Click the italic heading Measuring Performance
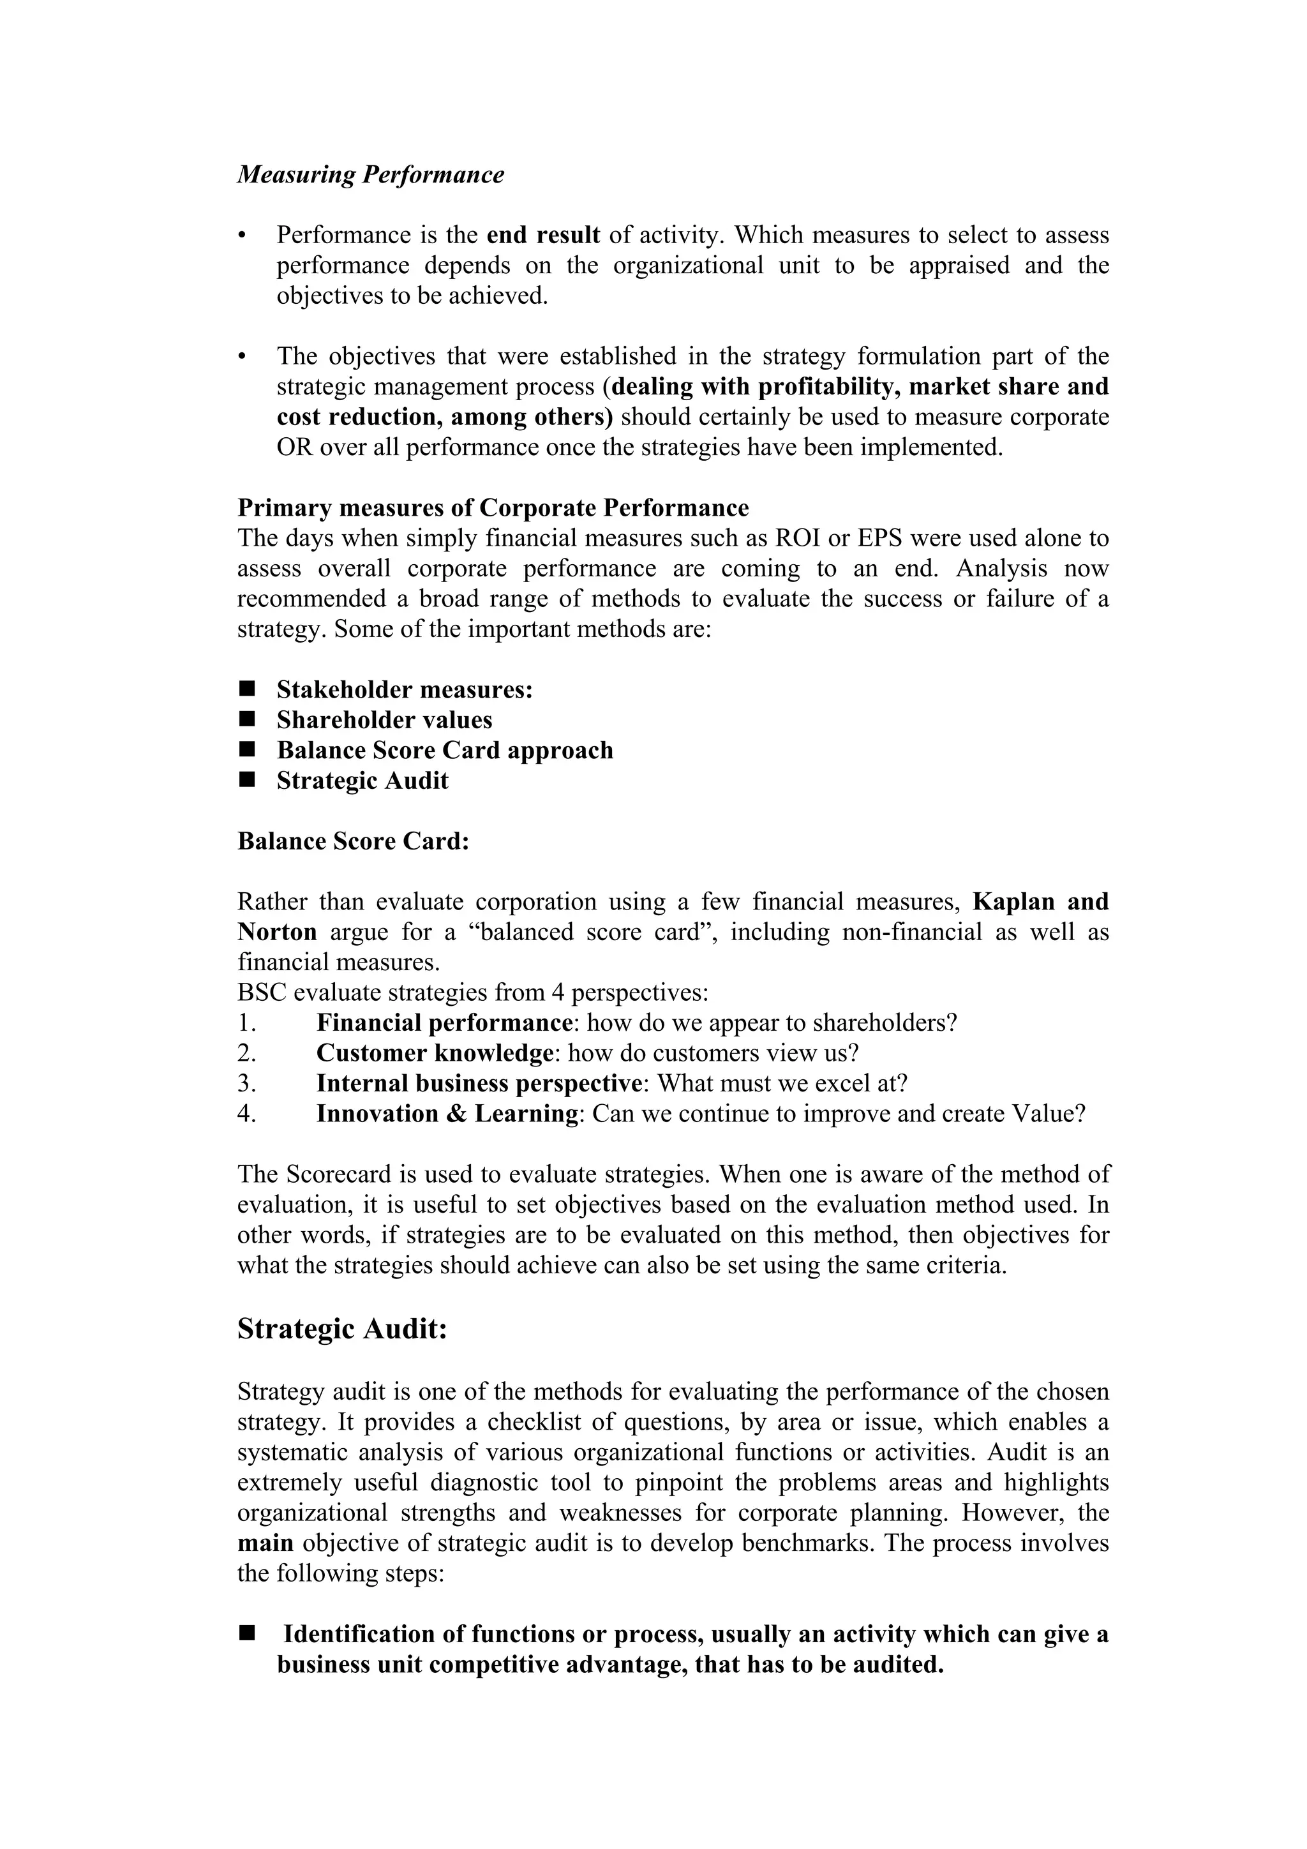pyautogui.click(x=370, y=175)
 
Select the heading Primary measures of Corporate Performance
pyautogui.click(x=493, y=508)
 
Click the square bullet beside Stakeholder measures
pyautogui.click(x=246, y=689)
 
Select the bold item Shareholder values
pyautogui.click(x=384, y=720)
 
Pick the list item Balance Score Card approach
pyautogui.click(x=445, y=751)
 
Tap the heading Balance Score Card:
pyautogui.click(x=353, y=842)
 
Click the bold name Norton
pyautogui.click(x=277, y=932)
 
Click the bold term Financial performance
pyautogui.click(x=444, y=1024)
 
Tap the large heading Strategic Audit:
pyautogui.click(x=341, y=1329)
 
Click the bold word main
pyautogui.click(x=265, y=1544)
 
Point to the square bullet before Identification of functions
pyautogui.click(x=246, y=1634)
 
